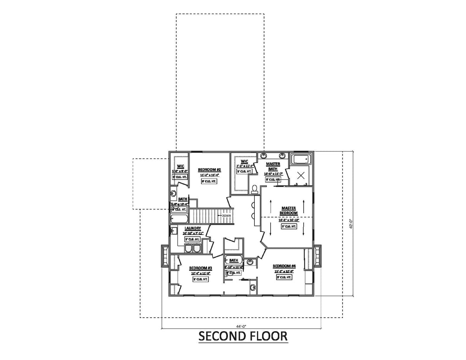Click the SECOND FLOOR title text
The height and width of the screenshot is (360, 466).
[243, 336]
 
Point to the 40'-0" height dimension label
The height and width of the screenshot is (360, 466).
[350, 224]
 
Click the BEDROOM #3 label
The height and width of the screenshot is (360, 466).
[200, 268]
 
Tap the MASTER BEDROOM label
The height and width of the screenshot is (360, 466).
[289, 211]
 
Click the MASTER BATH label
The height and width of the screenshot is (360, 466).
[273, 167]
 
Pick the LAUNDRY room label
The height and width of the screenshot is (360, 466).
[193, 228]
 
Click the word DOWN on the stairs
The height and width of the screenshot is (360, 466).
[226, 215]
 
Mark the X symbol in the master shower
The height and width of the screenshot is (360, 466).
[301, 175]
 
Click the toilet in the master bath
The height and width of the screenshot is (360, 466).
[255, 189]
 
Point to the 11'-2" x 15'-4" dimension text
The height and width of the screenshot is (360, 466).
[209, 175]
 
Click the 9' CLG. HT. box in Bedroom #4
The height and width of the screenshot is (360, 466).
[284, 278]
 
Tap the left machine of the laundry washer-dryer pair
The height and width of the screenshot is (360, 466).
[189, 249]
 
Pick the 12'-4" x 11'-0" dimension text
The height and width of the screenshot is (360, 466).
[200, 273]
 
